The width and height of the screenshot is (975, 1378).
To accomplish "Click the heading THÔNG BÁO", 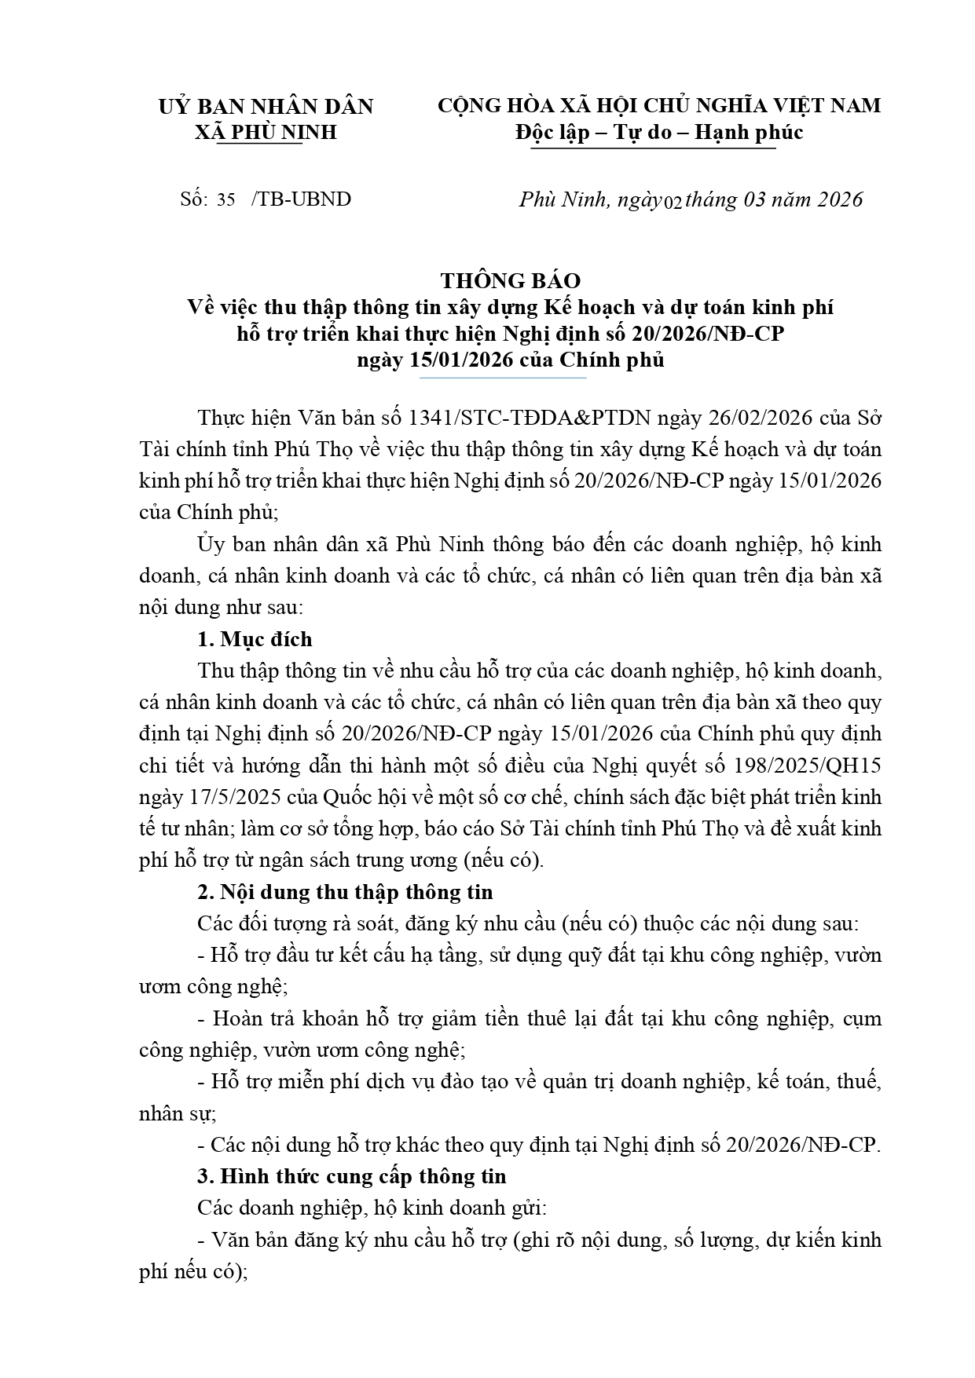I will (x=510, y=280).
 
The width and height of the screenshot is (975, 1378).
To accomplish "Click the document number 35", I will (x=226, y=199).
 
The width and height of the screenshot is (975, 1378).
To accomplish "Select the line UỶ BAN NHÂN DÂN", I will (x=266, y=106).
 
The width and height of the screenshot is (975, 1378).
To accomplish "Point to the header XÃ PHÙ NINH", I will (x=266, y=132).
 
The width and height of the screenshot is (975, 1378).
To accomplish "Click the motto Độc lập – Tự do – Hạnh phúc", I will (x=658, y=132).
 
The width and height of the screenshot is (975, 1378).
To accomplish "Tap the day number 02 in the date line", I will (x=673, y=201).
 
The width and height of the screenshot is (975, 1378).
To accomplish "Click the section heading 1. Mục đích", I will (x=255, y=639).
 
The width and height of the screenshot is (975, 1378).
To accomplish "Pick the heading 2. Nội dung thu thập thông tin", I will (x=345, y=892).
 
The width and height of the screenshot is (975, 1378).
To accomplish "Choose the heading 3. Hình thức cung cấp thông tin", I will (x=352, y=1176).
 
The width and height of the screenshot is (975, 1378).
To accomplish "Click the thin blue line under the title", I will (x=503, y=378).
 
